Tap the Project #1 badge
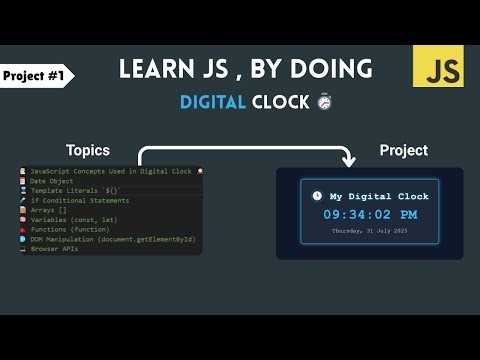(35, 75)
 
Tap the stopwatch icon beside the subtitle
(323, 102)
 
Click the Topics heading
(88, 150)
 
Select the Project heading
(403, 150)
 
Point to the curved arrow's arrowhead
(347, 159)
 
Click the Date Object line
(54, 181)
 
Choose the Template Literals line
(76, 191)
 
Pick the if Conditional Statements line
(79, 201)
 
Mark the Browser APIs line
(54, 248)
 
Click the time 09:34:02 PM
(369, 214)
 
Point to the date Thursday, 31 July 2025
(369, 232)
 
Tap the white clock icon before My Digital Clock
(317, 196)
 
